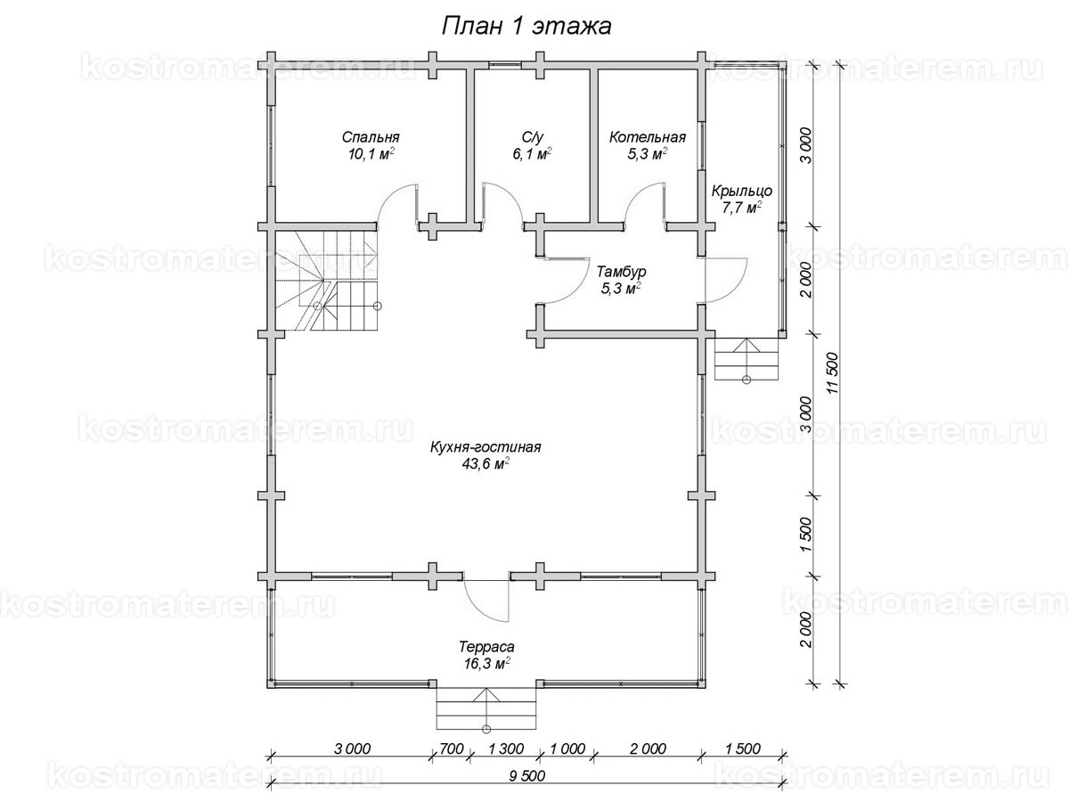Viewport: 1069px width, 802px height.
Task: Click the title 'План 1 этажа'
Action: pos(526,27)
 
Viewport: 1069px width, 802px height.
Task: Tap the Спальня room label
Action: pos(371,137)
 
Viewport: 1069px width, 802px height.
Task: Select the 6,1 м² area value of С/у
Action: pos(532,154)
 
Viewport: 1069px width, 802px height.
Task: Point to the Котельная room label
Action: pos(648,137)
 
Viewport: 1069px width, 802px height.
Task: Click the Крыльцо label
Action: pos(742,191)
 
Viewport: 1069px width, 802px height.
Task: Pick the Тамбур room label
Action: pos(622,271)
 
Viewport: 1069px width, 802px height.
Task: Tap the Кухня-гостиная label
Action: pos(486,447)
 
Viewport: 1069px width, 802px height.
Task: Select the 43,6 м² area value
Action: pos(486,464)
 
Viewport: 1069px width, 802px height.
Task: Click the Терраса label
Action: pos(486,647)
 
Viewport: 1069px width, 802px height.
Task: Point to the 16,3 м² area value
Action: pos(486,664)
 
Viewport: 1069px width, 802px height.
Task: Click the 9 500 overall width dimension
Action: pos(527,775)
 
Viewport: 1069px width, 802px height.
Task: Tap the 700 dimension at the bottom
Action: pos(452,749)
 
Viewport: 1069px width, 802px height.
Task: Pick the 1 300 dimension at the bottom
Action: pos(505,749)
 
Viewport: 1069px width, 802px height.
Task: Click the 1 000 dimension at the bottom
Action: pos(567,749)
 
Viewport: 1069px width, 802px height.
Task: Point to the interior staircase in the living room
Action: pos(326,281)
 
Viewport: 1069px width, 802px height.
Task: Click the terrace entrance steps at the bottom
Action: pos(486,709)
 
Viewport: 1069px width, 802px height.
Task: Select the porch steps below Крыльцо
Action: pos(747,359)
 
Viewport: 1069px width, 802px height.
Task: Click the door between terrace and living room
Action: pos(487,600)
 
